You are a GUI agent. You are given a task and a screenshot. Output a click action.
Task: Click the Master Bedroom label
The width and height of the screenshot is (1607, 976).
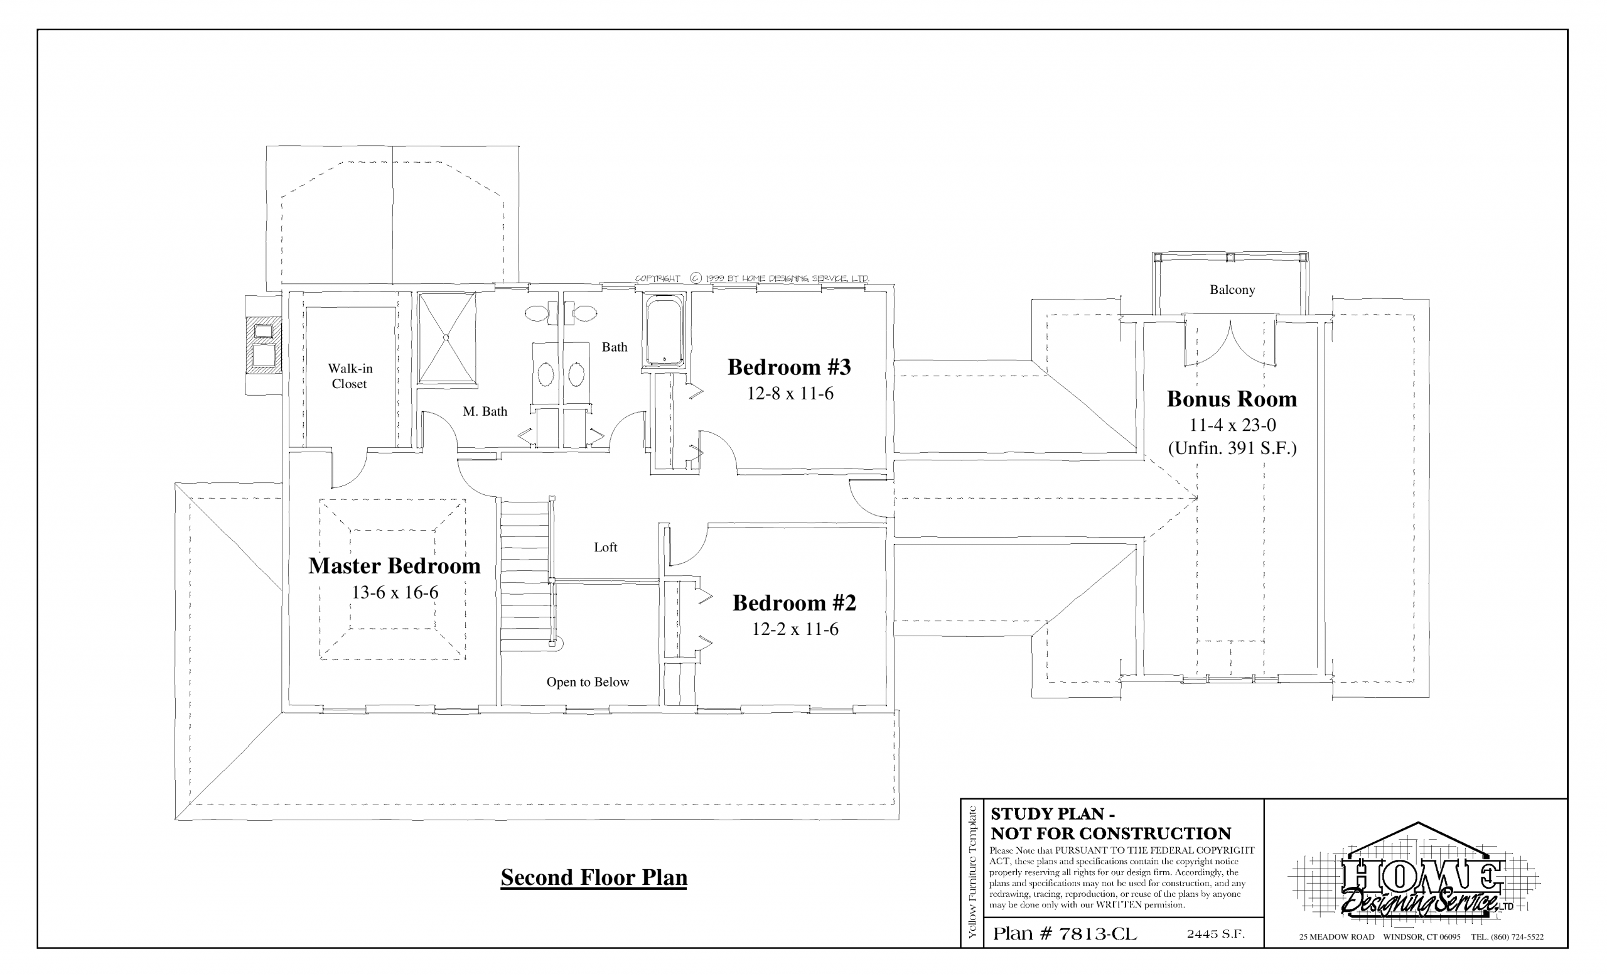tap(394, 566)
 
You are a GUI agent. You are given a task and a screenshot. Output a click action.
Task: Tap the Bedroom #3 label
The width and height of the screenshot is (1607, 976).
tap(789, 367)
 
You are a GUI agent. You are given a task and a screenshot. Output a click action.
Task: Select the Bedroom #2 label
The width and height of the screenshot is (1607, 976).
tap(793, 603)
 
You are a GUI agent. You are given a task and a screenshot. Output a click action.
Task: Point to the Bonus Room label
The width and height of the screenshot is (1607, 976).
tap(1232, 399)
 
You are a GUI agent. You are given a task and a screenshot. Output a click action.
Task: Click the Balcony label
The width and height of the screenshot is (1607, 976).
tap(1232, 290)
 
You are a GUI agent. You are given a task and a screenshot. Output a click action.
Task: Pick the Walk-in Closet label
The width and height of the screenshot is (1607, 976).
tap(350, 376)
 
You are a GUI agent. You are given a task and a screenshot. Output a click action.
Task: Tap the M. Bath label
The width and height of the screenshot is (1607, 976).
tap(485, 411)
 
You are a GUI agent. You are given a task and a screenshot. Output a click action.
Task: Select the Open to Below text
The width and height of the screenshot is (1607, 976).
tap(588, 683)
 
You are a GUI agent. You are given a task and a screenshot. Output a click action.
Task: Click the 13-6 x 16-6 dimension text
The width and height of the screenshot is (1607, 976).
tap(395, 592)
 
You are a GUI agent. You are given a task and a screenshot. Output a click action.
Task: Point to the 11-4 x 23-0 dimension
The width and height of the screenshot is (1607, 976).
tap(1232, 425)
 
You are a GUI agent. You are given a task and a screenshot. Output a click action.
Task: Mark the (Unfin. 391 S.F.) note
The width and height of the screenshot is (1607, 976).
tap(1232, 449)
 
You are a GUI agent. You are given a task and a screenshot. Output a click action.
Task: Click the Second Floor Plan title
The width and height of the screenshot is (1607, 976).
tap(593, 877)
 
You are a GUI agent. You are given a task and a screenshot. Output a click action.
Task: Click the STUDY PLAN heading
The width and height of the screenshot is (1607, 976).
tap(1053, 813)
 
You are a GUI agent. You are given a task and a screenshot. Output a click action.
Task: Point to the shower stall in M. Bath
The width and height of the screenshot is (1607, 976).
tap(447, 337)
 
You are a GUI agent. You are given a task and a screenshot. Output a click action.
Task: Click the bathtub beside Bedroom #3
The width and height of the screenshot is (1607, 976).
tap(664, 330)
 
